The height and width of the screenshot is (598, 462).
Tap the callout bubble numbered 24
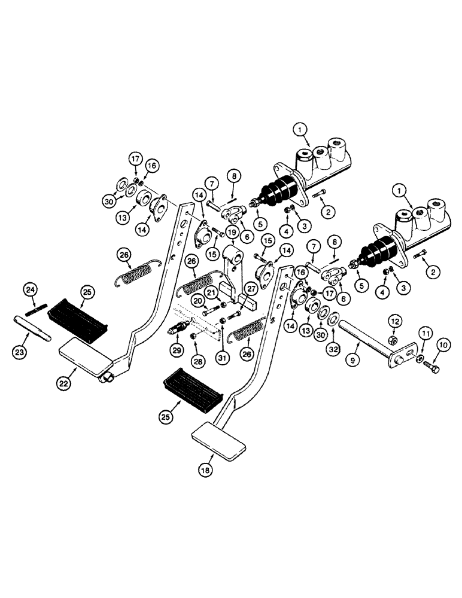point(31,291)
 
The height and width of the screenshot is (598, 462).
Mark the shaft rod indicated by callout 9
point(365,341)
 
